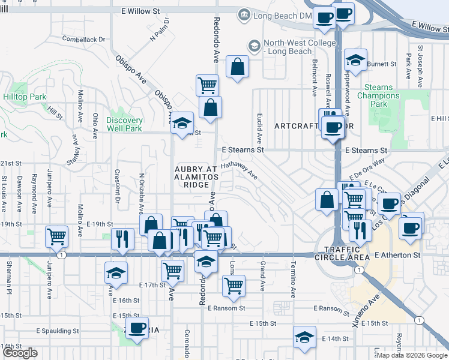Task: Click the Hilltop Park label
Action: [x=25, y=97]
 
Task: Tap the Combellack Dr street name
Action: [x=83, y=39]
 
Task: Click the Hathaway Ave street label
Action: [x=239, y=172]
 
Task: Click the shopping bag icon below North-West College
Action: [x=238, y=67]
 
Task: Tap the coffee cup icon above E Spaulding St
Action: [x=137, y=327]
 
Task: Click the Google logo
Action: [x=20, y=353]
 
